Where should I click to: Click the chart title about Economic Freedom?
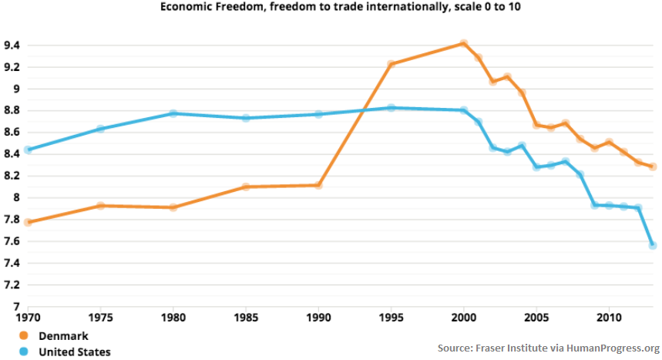331,7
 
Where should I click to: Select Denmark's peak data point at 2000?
463,43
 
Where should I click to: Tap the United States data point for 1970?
28,150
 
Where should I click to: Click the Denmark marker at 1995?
391,64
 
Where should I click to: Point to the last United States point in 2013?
653,245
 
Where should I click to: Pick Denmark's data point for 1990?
318,185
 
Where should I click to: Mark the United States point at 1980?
173,113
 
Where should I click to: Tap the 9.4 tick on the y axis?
14,45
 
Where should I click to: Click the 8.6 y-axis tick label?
14,133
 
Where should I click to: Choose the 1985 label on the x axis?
246,318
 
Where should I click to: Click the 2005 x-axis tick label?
536,318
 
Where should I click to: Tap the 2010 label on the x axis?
609,318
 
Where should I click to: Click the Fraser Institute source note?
548,347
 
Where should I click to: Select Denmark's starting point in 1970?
28,222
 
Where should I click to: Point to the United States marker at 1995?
391,108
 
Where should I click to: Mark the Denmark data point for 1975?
100,206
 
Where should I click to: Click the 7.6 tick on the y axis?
14,241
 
